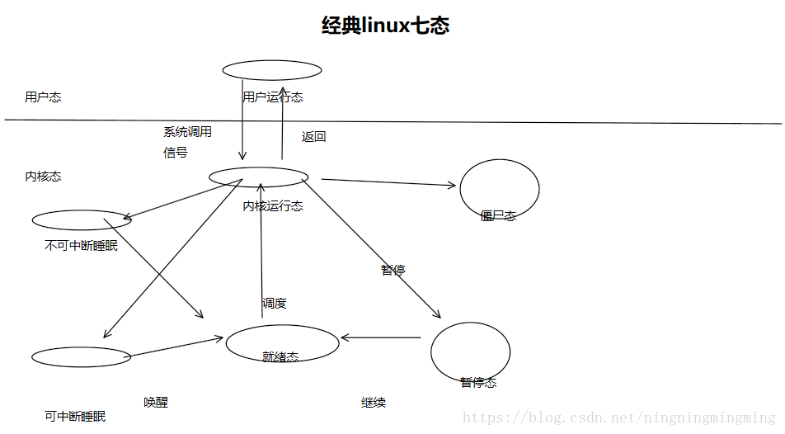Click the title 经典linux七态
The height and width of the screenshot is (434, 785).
point(385,26)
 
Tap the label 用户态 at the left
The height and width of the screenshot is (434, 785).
point(43,97)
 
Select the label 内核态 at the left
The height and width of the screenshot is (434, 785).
point(43,177)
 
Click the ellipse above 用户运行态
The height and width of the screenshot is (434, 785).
point(272,70)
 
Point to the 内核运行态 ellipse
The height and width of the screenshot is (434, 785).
point(258,177)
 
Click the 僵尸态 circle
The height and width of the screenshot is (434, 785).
point(499,190)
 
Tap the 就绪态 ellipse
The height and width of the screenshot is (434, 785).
point(282,343)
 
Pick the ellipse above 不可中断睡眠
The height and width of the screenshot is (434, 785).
point(82,220)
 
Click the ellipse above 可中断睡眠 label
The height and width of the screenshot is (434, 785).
point(81,357)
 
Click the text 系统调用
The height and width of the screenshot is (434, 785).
point(187,131)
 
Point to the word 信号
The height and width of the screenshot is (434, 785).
point(175,153)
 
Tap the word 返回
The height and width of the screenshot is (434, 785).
point(314,137)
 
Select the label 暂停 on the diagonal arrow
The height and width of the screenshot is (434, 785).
point(392,270)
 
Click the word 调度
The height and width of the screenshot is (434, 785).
point(275,304)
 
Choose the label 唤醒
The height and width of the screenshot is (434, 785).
point(156,403)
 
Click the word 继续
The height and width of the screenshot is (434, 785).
point(374,403)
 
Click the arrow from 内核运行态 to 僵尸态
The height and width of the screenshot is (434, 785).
point(388,182)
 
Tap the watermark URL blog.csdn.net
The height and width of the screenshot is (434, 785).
point(619,418)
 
